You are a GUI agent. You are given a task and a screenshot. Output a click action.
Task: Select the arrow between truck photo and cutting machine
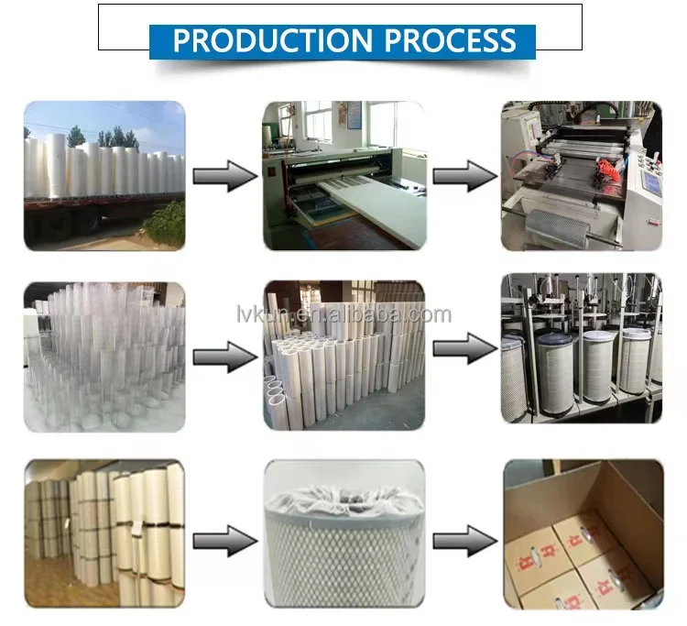(x=225, y=175)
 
